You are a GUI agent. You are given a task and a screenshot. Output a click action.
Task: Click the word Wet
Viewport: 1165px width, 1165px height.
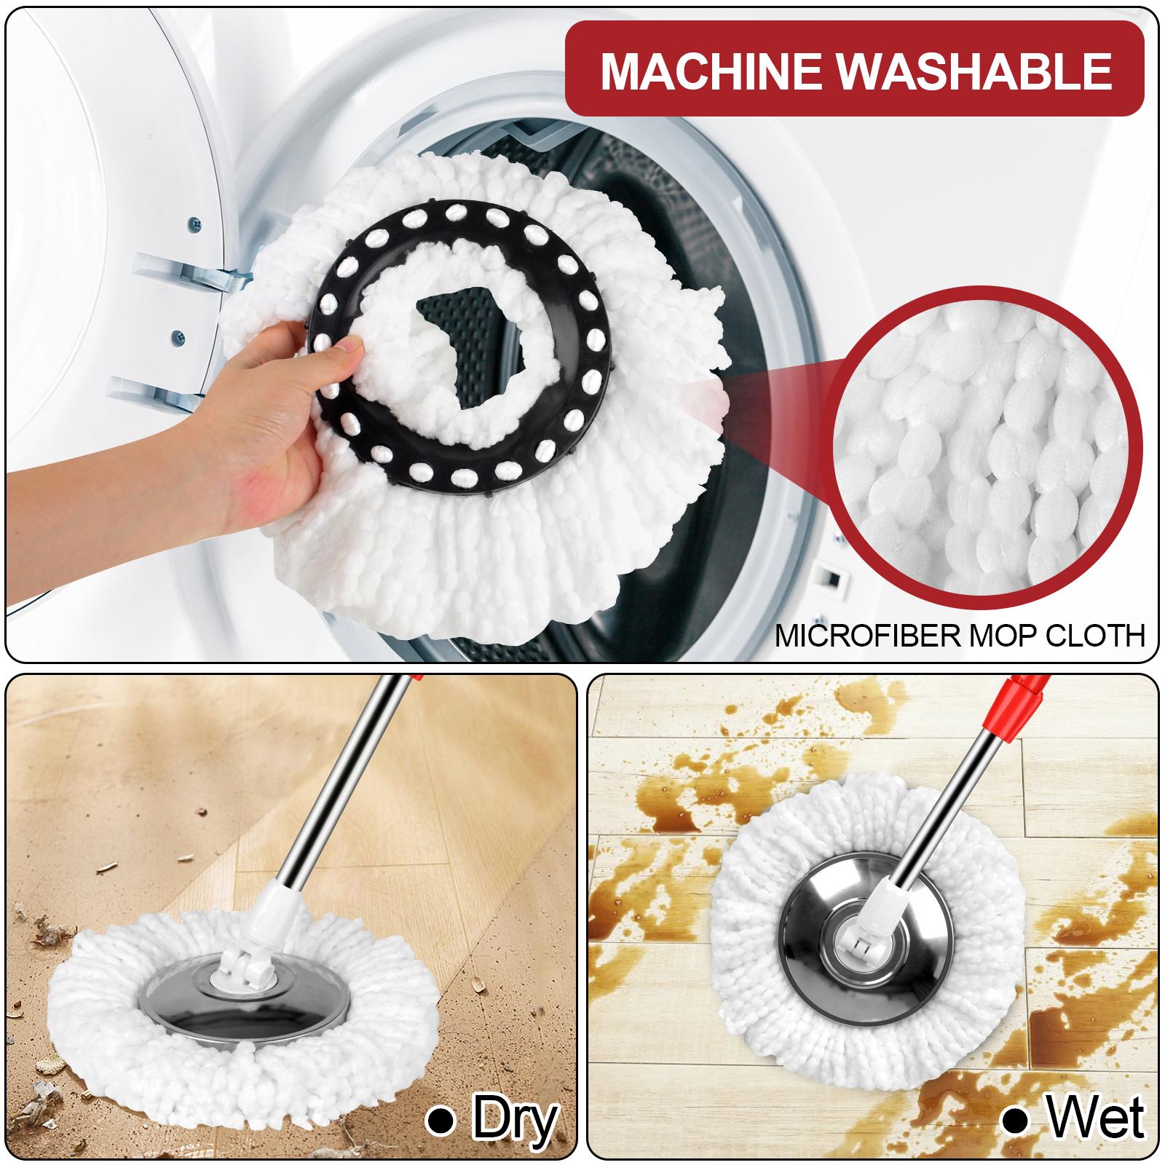pyautogui.click(x=1096, y=1118)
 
